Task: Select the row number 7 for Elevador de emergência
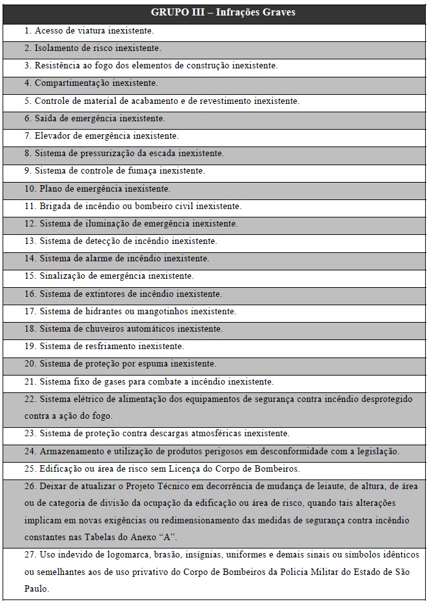(28, 136)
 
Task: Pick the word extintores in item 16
(96, 294)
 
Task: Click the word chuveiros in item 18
(97, 328)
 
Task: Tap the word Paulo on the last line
(36, 589)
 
